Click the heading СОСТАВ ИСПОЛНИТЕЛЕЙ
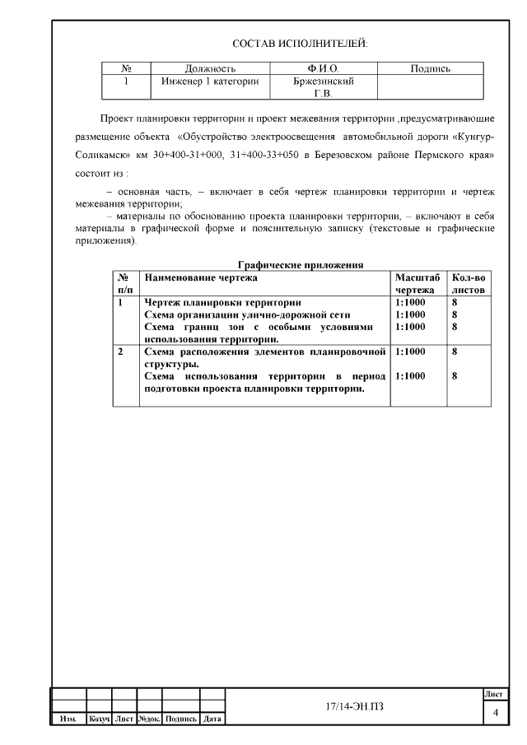[300, 43]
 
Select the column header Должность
[210, 69]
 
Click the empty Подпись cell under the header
[430, 87]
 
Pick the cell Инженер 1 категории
[210, 81]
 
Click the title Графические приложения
[301, 265]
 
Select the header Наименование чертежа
[201, 277]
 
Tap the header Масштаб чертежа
[417, 284]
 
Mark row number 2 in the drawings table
[121, 352]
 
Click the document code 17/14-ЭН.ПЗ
[354, 707]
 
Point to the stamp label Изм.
[68, 719]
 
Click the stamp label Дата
[212, 719]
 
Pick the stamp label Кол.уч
[99, 719]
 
